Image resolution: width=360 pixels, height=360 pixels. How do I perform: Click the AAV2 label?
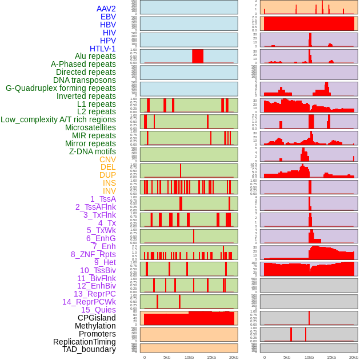click(106, 9)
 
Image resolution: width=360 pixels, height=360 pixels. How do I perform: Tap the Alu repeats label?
click(95, 56)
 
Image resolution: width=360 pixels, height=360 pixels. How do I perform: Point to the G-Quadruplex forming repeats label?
click(61, 88)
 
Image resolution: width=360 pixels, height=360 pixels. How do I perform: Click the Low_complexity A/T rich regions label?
click(58, 119)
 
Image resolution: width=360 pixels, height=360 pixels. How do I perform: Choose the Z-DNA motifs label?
click(92, 151)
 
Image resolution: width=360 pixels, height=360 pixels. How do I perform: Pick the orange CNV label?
click(107, 159)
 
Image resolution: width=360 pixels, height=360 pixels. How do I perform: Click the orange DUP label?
click(107, 175)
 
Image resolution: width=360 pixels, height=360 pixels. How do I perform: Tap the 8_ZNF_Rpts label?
click(93, 254)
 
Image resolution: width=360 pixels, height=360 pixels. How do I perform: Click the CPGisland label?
click(97, 318)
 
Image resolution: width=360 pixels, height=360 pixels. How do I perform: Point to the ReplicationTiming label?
click(84, 342)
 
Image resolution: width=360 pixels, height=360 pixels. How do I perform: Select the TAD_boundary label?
click(89, 349)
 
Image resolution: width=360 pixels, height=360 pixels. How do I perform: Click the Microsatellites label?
click(90, 127)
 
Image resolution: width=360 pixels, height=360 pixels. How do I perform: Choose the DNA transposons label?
click(84, 80)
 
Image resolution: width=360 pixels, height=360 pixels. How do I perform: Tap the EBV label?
click(108, 17)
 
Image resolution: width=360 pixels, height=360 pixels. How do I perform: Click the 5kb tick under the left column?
click(167, 357)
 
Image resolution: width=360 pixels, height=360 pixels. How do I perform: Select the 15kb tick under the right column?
click(331, 357)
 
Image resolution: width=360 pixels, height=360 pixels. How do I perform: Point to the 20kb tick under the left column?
click(233, 357)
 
